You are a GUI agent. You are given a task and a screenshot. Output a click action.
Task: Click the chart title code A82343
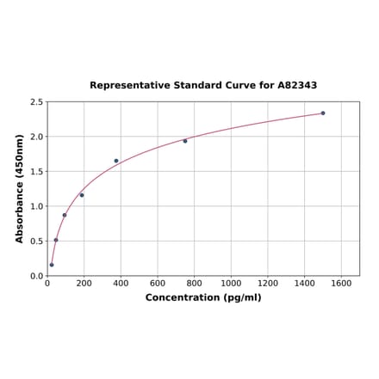(297, 86)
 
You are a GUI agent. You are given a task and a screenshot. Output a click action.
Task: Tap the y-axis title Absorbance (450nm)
(19, 188)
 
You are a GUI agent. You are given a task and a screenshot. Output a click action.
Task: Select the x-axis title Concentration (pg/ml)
(203, 297)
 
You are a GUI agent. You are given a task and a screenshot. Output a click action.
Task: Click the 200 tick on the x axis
(84, 283)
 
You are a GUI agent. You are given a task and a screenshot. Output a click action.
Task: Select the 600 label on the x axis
(158, 283)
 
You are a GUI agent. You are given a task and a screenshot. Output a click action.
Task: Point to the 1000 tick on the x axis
(231, 283)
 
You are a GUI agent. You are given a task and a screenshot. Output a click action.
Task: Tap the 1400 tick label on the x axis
(305, 283)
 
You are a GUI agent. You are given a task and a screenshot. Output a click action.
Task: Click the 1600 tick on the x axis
(341, 283)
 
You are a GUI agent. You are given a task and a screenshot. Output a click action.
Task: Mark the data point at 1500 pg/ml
(323, 113)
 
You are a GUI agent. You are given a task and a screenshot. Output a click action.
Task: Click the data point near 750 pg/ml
(185, 141)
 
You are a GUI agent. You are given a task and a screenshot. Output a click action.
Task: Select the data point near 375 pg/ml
(116, 161)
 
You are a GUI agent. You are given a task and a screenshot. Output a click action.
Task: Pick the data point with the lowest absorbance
(52, 265)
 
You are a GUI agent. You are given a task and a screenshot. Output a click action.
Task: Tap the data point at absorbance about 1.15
(82, 195)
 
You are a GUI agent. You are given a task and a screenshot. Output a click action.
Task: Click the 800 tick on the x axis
(195, 283)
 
